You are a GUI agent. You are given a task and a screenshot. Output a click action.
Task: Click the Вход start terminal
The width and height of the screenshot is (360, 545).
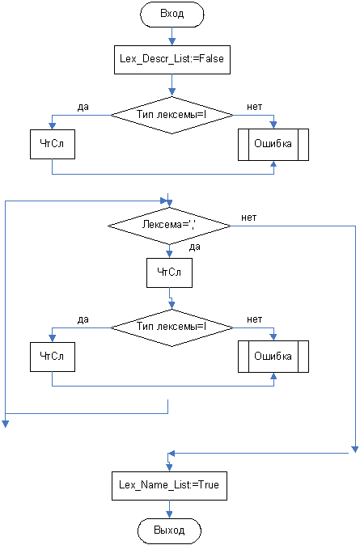click(172, 14)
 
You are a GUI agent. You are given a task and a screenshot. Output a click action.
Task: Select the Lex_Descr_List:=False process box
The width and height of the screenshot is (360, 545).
click(172, 60)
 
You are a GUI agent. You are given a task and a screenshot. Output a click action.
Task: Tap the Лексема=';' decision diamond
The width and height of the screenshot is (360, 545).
click(169, 226)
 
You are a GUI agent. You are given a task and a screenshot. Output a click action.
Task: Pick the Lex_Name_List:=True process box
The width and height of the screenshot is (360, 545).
click(169, 485)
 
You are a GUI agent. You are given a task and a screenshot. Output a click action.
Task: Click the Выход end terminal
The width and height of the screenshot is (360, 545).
click(169, 530)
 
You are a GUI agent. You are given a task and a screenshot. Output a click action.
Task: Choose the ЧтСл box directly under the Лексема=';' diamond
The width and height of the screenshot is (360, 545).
click(169, 272)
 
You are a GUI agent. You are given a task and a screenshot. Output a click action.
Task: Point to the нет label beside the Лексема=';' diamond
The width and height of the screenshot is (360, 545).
click(249, 218)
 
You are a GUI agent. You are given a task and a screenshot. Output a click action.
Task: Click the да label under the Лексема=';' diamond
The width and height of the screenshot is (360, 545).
click(195, 247)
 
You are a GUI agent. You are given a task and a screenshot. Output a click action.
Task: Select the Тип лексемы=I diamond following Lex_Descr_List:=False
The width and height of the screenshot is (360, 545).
click(172, 115)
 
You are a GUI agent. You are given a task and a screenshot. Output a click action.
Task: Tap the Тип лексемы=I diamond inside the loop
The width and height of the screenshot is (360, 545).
click(172, 327)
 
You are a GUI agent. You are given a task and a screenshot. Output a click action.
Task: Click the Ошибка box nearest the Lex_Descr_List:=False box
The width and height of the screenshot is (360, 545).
click(273, 145)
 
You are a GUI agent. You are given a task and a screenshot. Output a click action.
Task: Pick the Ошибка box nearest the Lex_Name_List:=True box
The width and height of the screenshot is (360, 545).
click(273, 357)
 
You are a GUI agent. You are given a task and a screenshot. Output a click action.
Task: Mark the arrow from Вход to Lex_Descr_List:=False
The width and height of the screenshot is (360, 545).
click(172, 36)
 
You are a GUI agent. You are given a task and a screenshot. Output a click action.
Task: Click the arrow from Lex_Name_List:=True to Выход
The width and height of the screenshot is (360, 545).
click(169, 509)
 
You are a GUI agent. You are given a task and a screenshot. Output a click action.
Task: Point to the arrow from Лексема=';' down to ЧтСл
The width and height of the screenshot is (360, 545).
click(169, 251)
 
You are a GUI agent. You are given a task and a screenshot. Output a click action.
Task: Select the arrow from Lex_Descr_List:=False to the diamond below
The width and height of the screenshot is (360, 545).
click(172, 85)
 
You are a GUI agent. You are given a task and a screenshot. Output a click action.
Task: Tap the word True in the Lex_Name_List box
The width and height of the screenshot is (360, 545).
click(209, 485)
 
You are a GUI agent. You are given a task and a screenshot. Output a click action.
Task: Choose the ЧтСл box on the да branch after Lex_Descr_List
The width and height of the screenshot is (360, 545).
click(52, 144)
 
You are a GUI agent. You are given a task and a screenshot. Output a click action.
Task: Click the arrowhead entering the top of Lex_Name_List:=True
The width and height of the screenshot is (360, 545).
click(169, 467)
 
